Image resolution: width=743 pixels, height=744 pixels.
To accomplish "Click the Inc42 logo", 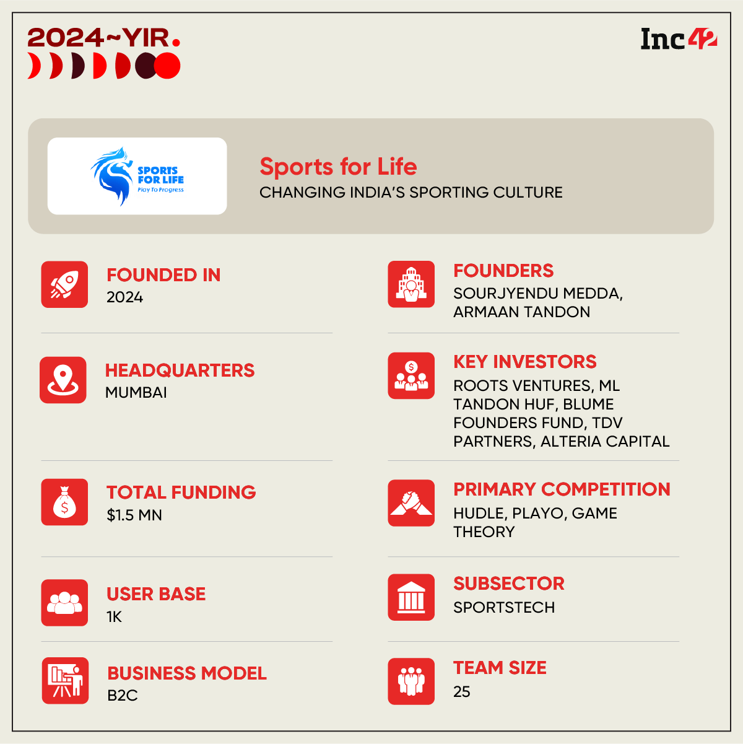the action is (679, 38).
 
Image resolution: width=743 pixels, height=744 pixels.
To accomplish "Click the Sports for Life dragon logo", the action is (137, 176).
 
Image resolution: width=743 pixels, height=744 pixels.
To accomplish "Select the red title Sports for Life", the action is (338, 167).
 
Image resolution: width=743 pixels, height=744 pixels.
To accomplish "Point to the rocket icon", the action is (64, 284).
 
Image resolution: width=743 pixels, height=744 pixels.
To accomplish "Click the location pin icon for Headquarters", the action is (63, 380).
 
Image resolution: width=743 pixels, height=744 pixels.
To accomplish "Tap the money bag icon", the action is (64, 502).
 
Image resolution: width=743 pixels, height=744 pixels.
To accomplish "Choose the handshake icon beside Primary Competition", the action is (411, 502).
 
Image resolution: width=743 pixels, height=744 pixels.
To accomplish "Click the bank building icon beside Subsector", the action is (411, 597).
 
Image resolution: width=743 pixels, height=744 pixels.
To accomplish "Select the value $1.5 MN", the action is (134, 515).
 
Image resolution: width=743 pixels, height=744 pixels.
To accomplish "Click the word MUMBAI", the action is (136, 392).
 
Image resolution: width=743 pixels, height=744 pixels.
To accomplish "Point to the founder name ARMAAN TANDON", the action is (521, 312).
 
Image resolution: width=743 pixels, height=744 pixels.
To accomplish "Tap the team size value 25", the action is (462, 691).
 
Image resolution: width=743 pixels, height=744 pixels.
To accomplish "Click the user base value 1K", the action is (115, 616).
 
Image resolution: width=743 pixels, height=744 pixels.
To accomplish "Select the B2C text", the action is (123, 695).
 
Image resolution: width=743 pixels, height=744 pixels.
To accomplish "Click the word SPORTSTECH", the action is (504, 607).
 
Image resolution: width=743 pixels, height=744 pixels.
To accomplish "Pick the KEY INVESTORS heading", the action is (525, 362).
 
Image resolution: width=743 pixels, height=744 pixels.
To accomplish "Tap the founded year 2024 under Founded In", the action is (124, 297).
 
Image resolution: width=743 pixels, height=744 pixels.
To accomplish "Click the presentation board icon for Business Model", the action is (65, 680).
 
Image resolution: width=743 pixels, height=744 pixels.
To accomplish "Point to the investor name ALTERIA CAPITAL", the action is (605, 441).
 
